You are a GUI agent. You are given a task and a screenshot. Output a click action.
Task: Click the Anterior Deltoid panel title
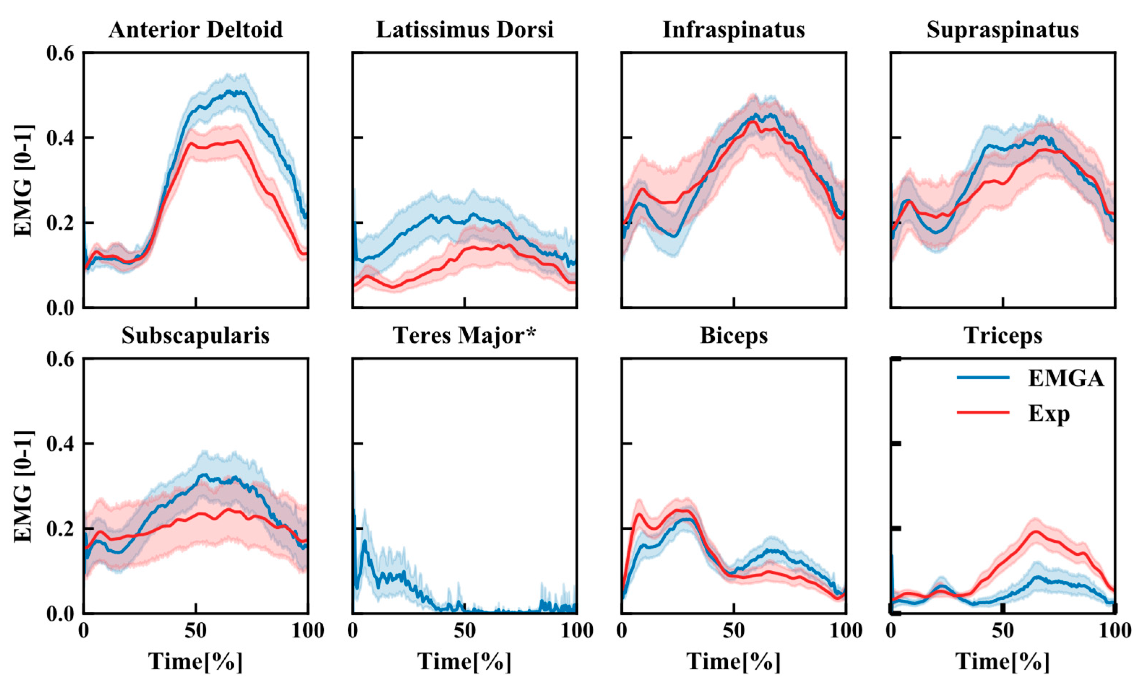pos(195,30)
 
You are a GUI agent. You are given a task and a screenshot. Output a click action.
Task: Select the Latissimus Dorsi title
pos(465,30)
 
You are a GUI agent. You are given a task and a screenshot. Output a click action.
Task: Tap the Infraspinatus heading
pos(734,30)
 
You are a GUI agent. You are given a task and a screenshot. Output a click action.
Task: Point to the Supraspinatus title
pos(1003,30)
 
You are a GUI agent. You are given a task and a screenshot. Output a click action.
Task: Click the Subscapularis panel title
pos(195,335)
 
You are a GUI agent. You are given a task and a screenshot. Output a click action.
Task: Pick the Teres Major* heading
pos(465,335)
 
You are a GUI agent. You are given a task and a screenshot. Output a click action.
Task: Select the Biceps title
pos(734,335)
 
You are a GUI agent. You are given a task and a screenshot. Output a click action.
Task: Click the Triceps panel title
pos(1003,335)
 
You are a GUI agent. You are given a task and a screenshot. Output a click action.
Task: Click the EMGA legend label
pos(1066,379)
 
